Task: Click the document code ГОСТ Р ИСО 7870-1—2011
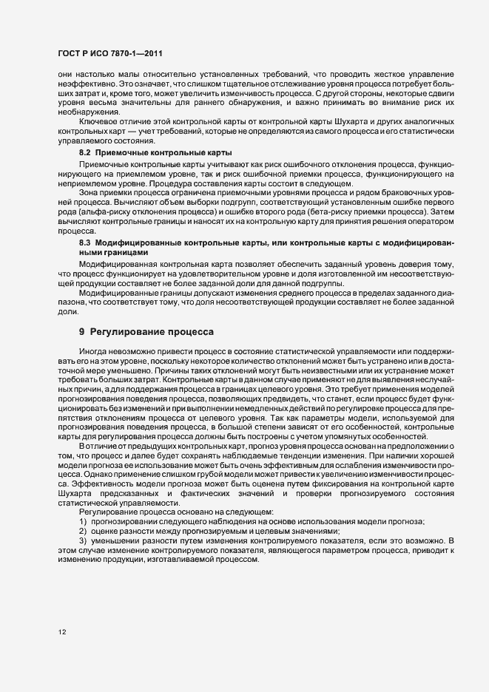pos(110,55)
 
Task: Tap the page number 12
pos(61,632)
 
